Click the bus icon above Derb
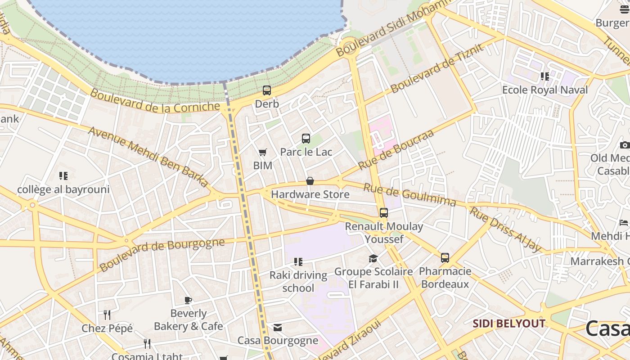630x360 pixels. [267, 90]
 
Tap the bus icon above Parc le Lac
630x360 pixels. [306, 139]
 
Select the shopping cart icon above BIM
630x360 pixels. [262, 153]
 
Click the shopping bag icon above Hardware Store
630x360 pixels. [310, 181]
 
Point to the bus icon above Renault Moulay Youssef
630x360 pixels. [384, 213]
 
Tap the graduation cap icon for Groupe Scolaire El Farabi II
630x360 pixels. [373, 258]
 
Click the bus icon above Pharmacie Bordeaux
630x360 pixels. [445, 258]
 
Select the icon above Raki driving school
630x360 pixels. [298, 261]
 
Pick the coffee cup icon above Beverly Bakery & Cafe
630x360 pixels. [188, 300]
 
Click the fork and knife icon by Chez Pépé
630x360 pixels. [107, 315]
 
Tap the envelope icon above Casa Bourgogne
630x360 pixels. [278, 328]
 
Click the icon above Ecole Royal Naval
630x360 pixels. [545, 76]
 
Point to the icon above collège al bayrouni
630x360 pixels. [63, 176]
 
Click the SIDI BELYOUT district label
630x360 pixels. [509, 324]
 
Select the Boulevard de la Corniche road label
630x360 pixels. [155, 101]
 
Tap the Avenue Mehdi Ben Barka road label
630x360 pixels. [149, 156]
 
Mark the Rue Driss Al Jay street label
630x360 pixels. [505, 229]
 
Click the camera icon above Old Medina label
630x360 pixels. [624, 145]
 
